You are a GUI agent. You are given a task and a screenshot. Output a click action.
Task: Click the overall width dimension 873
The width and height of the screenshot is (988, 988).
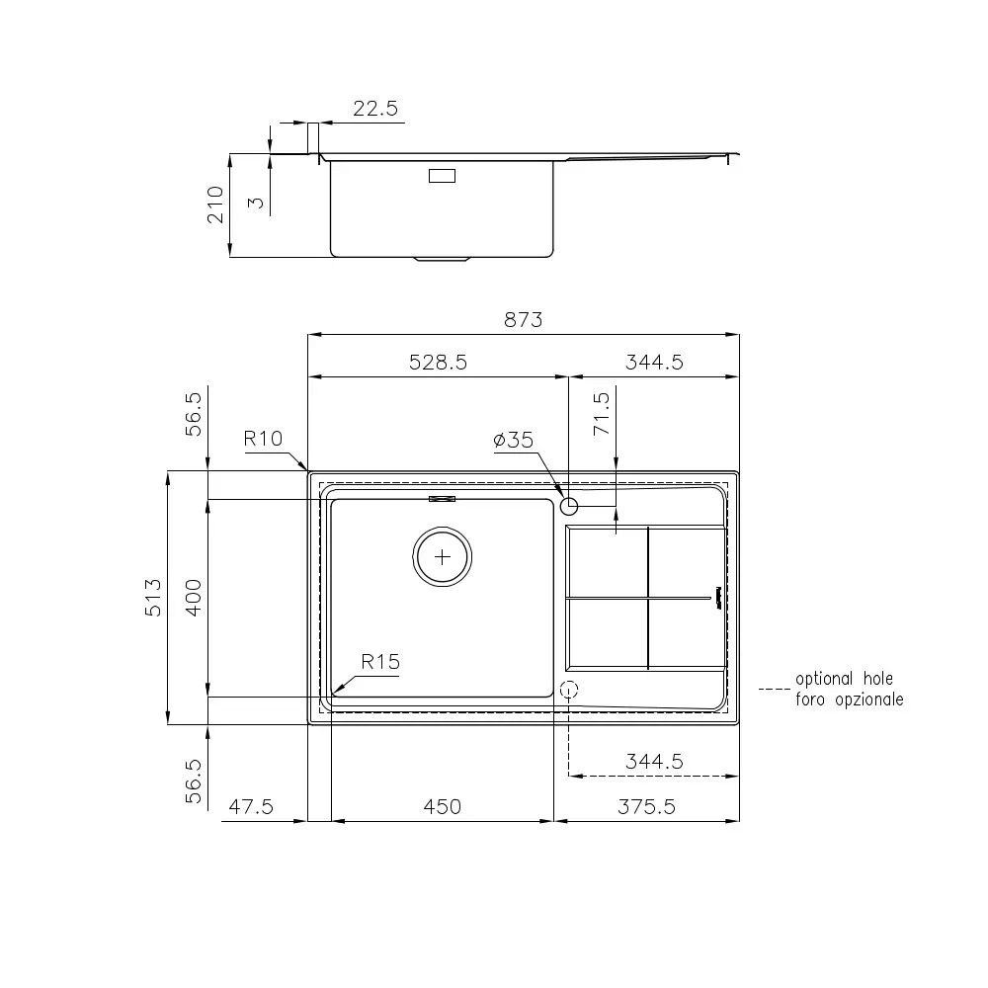pyautogui.click(x=524, y=319)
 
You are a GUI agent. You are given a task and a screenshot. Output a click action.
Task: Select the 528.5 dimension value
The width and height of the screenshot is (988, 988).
pyautogui.click(x=438, y=363)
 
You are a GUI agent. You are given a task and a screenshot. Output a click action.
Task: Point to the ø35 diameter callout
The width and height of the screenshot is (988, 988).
pyautogui.click(x=513, y=441)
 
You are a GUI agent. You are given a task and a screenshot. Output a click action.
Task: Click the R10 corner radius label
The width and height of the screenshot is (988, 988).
pyautogui.click(x=264, y=439)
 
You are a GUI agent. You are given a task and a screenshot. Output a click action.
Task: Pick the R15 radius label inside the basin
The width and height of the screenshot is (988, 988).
pyautogui.click(x=380, y=662)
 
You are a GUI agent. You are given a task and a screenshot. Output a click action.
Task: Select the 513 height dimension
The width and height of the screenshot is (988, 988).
pyautogui.click(x=154, y=598)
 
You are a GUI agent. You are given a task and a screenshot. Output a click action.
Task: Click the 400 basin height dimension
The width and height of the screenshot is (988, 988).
pyautogui.click(x=195, y=598)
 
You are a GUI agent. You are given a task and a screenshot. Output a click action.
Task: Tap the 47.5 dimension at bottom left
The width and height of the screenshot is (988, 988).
pyautogui.click(x=250, y=807)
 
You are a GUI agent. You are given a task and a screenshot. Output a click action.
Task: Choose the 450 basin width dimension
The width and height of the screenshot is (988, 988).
pyautogui.click(x=442, y=807)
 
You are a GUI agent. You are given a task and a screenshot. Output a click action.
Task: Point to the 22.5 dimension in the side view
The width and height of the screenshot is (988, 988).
pyautogui.click(x=375, y=110)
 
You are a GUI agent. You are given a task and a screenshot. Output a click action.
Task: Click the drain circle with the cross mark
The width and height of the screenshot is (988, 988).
pyautogui.click(x=442, y=557)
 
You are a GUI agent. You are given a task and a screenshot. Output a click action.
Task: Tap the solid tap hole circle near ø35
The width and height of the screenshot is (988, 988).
pyautogui.click(x=568, y=507)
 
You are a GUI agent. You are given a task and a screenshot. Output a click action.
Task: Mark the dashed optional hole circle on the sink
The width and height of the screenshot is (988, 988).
pyautogui.click(x=568, y=691)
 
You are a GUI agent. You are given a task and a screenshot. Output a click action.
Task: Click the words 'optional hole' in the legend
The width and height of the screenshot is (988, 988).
pyautogui.click(x=844, y=680)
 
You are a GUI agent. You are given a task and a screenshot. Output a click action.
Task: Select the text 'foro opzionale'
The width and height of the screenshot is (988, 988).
pyautogui.click(x=849, y=700)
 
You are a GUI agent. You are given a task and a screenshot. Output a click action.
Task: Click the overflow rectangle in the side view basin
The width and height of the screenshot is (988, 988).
pyautogui.click(x=441, y=176)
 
